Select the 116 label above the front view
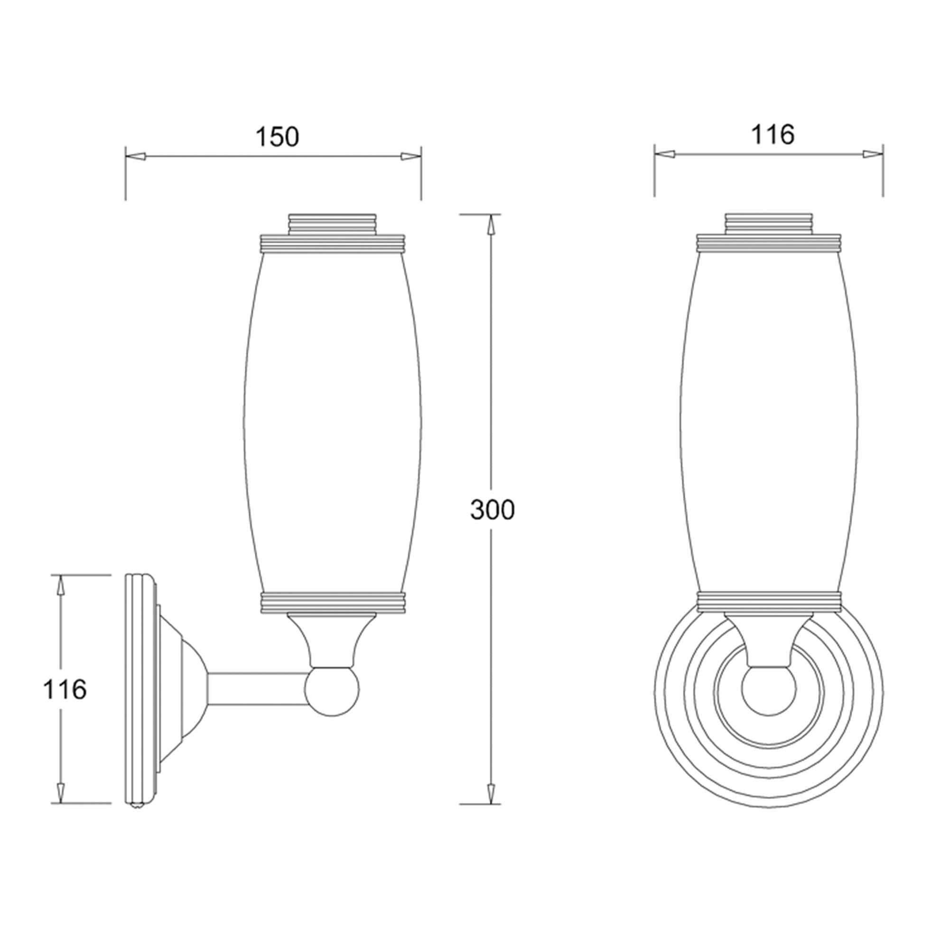(x=772, y=135)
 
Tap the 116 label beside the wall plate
(x=65, y=689)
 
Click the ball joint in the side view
(x=332, y=689)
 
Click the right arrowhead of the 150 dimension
(x=410, y=157)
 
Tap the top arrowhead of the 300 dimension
(x=490, y=225)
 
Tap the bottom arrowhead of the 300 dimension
(x=490, y=792)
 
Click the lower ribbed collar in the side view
(x=332, y=603)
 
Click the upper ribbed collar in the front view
(x=769, y=243)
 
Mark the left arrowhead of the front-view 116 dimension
(x=665, y=154)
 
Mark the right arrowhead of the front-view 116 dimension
(x=873, y=154)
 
